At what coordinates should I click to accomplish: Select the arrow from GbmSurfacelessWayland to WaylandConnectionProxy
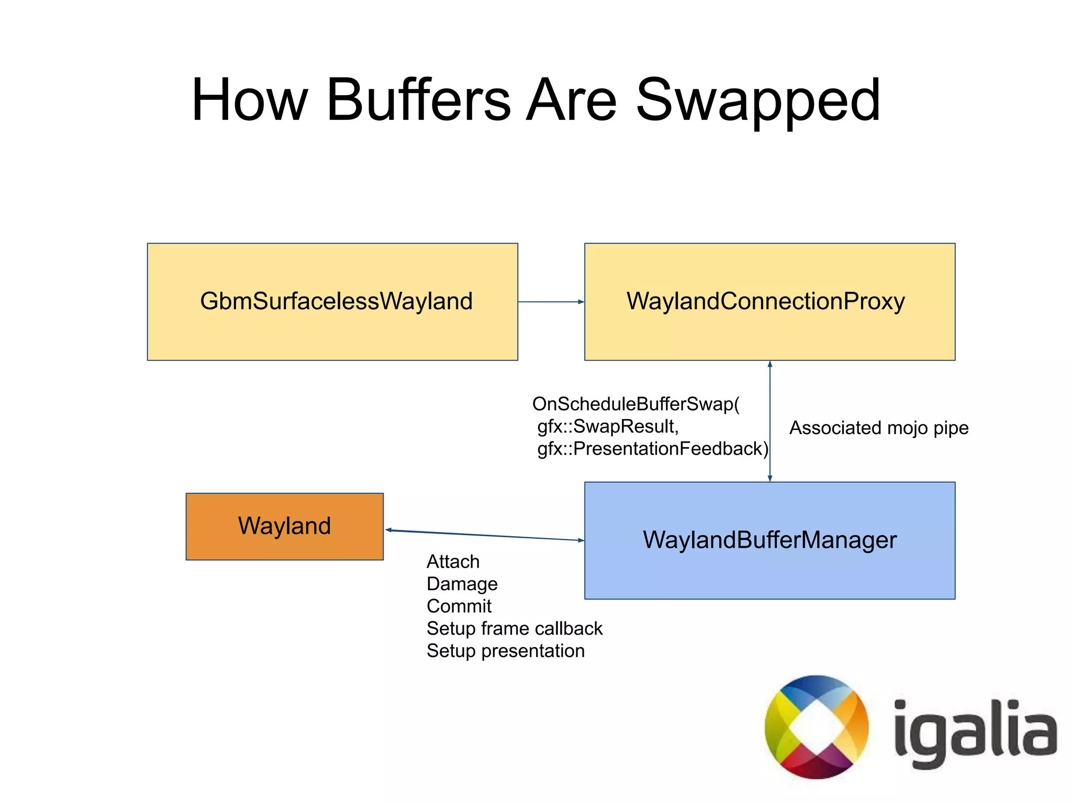coord(551,302)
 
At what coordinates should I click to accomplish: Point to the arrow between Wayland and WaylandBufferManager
coord(484,535)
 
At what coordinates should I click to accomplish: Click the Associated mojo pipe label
coord(879,428)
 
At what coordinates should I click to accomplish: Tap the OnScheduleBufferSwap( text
coord(635,404)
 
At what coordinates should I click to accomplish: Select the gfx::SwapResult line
coord(608,427)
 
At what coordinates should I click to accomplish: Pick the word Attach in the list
coord(453,562)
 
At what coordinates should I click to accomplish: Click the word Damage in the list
coord(462,584)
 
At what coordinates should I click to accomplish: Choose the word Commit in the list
coord(459,606)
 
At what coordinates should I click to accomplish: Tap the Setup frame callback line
coord(515,629)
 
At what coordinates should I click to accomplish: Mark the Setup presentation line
coord(506,651)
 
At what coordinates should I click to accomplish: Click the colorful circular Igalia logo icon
coord(816,727)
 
